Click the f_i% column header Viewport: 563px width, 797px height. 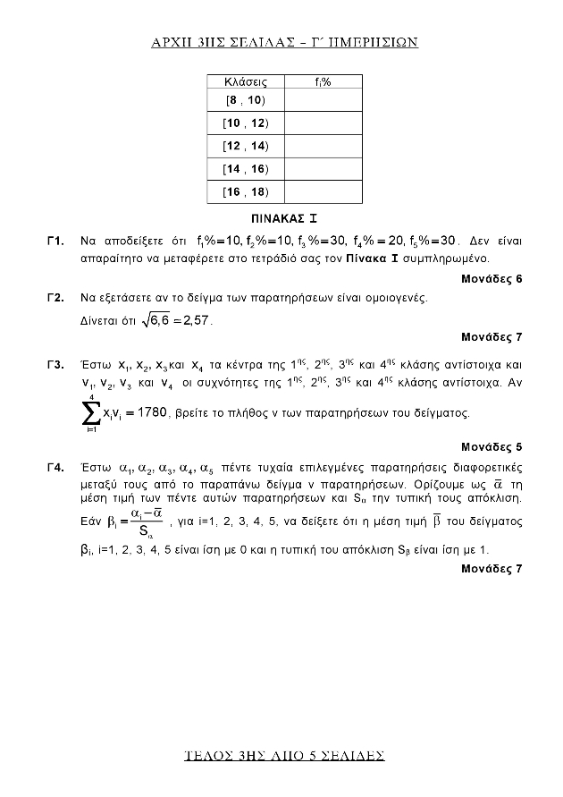pyautogui.click(x=324, y=81)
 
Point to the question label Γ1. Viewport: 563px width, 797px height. pyautogui.click(x=56, y=242)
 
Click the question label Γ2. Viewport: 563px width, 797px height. pyautogui.click(x=56, y=297)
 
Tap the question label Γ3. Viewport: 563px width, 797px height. pyautogui.click(x=56, y=366)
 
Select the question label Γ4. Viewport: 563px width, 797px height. pyautogui.click(x=56, y=468)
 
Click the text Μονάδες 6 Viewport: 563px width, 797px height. pyautogui.click(x=492, y=279)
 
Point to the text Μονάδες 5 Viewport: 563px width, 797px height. pyautogui.click(x=492, y=446)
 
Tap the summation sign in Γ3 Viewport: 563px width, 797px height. pyautogui.click(x=90, y=412)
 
